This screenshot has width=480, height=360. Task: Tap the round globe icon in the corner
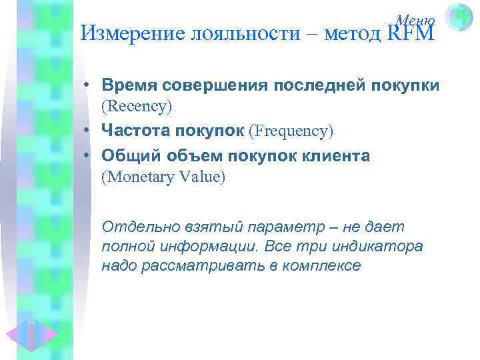pos(459,17)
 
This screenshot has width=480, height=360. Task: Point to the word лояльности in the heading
pos(243,33)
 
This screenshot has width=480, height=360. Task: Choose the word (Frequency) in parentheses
pos(291,131)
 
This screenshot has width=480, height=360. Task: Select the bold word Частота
pos(133,131)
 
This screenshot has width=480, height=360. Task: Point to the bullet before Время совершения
pos(87,86)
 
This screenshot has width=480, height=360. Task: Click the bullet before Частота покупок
pos(87,132)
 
